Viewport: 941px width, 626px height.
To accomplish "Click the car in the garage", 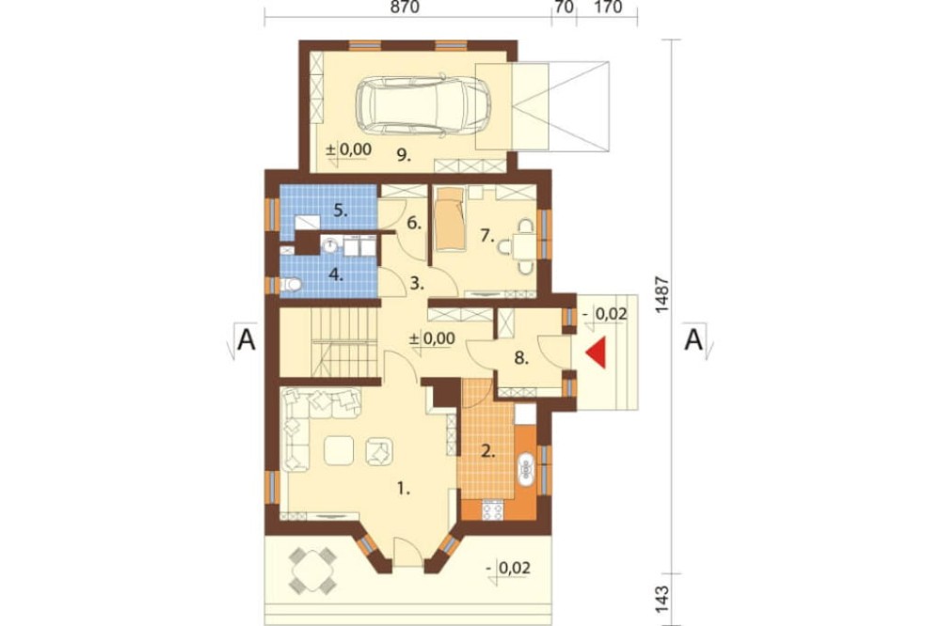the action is pos(423,104).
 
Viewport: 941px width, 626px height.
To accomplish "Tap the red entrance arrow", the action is pos(598,352).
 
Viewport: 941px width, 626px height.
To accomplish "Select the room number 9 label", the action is pos(404,155).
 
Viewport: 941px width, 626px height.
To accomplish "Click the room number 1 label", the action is pos(404,489).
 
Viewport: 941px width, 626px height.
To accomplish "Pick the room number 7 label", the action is pos(486,236).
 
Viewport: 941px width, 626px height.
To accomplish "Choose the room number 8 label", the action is pos(521,358).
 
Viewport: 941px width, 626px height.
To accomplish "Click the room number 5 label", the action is pos(341,211).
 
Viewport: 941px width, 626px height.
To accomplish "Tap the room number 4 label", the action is pos(336,275).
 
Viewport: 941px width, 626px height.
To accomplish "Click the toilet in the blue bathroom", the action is pos(291,284).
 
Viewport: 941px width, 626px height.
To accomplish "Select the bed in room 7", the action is pos(450,218).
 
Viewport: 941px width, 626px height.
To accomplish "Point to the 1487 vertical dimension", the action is pos(662,294).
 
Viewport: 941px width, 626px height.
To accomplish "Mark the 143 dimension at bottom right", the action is pos(662,599).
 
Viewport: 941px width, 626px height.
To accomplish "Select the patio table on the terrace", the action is pos(312,571).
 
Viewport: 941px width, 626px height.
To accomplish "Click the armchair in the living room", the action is pos(379,451).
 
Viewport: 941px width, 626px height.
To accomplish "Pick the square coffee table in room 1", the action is pos(339,450).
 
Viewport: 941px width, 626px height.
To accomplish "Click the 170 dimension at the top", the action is pos(607,8).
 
